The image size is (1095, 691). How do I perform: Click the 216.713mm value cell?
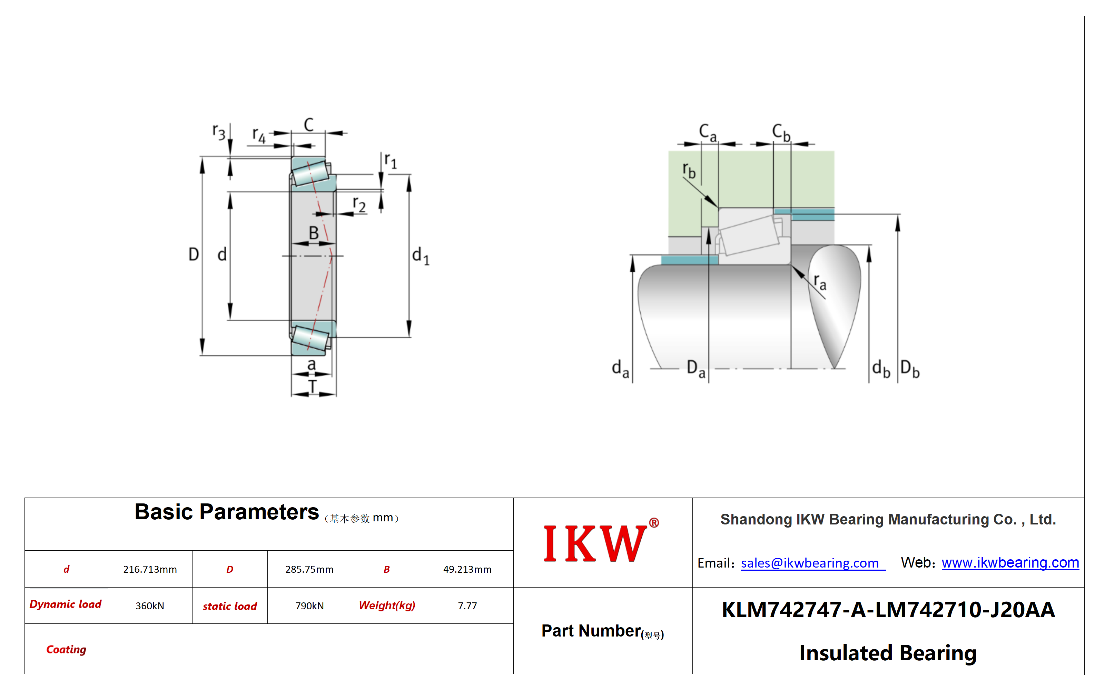[150, 569]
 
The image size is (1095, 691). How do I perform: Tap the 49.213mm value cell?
[467, 569]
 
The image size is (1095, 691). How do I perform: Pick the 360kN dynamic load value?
[150, 605]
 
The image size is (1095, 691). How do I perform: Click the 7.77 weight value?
[467, 605]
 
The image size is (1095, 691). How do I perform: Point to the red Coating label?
[66, 649]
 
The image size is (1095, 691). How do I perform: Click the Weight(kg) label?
[387, 605]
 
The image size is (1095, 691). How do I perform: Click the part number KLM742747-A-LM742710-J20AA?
[888, 610]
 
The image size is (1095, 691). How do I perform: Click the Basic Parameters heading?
[226, 512]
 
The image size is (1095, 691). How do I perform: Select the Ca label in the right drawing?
[708, 132]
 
